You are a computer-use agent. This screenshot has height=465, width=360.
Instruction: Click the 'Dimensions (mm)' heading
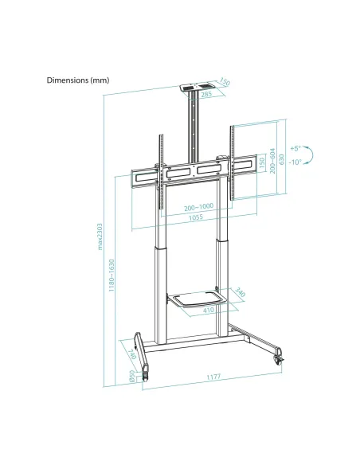77,80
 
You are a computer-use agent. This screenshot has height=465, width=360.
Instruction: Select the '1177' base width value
211,376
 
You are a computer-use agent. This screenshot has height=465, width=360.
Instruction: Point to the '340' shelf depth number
241,294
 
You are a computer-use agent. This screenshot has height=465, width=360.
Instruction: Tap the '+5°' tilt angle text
295,149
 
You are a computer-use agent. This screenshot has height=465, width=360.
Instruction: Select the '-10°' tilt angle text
295,162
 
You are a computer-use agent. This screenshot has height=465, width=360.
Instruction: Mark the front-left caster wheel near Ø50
146,370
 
